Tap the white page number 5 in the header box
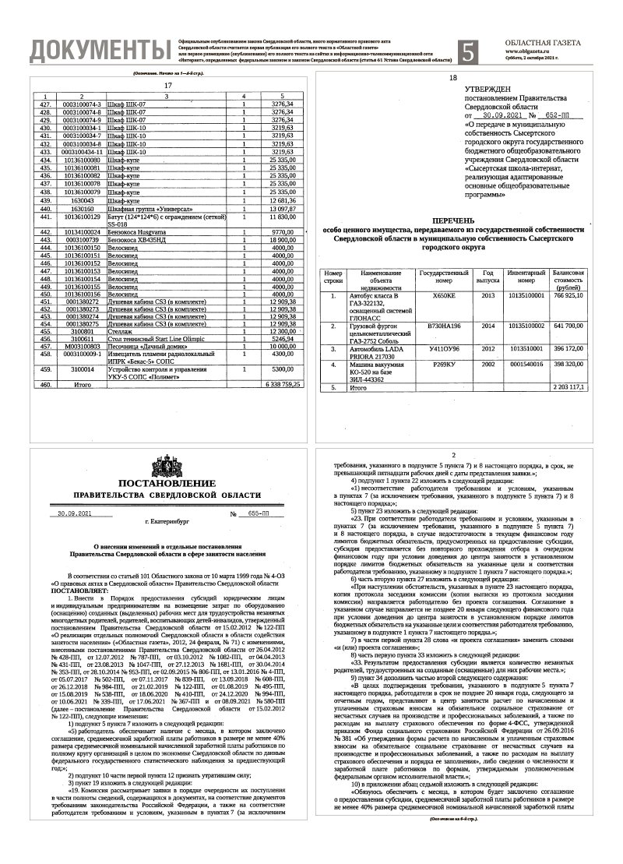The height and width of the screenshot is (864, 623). pyautogui.click(x=468, y=51)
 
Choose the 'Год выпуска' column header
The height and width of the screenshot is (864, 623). pyautogui.click(x=488, y=278)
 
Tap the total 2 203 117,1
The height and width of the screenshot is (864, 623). pyautogui.click(x=568, y=386)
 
